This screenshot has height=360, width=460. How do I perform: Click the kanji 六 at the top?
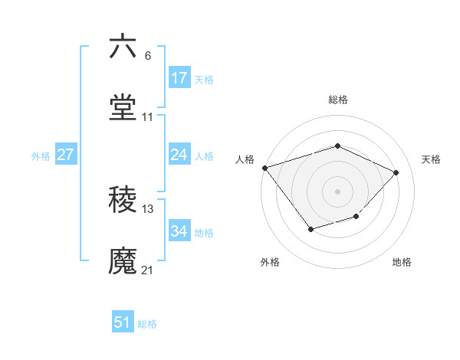pos(123,47)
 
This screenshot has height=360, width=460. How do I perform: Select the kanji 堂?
pos(123,108)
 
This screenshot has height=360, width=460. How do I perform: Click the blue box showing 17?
pos(179,78)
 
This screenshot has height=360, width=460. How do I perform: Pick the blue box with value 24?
pos(179,155)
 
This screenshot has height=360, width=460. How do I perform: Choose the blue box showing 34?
pos(179,231)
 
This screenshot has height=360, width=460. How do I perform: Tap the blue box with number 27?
pos(66,155)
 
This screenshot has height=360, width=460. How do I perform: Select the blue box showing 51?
pos(123,322)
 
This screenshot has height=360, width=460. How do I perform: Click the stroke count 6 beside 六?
pos(147,56)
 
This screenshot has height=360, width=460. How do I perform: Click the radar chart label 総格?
pos(337,100)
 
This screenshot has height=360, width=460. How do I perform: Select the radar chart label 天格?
pos(431,159)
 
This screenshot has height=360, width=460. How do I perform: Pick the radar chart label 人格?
pos(245,159)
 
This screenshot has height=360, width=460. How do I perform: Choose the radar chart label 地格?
pos(402,262)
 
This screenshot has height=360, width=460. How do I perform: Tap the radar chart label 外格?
pos(270,262)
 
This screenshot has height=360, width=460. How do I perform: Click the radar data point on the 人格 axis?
pos(264,168)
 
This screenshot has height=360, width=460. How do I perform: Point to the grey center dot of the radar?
pos(337,191)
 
